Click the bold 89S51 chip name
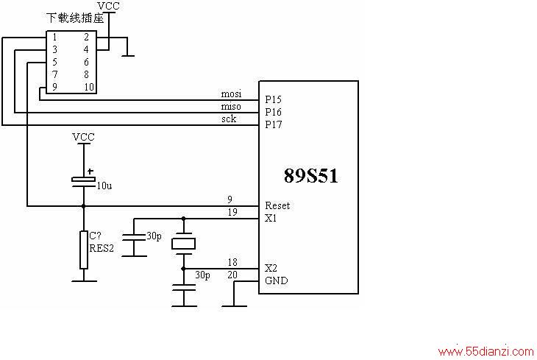310,176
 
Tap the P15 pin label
274,99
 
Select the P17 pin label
274,124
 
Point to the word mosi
231,93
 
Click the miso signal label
231,106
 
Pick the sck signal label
229,119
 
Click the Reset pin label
277,205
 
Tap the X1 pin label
271,218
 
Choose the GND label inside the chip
277,280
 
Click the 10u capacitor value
104,186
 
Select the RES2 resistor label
102,248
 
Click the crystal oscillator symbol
184,244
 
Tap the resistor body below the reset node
84,250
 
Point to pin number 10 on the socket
89,87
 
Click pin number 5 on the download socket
54,62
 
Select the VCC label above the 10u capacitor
83,137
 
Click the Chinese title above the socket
75,18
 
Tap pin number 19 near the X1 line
232,212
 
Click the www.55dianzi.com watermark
486,351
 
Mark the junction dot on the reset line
84,206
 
